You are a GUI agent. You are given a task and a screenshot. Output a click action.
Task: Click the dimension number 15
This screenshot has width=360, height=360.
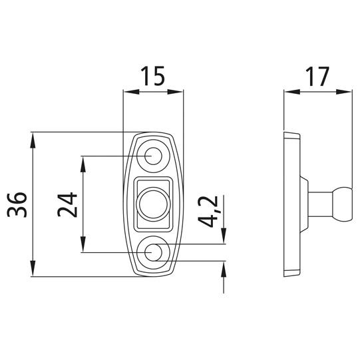[152, 76]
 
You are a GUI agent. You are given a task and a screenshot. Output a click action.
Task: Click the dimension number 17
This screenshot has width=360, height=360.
[317, 77]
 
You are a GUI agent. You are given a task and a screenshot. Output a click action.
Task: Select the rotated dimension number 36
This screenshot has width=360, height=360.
[17, 204]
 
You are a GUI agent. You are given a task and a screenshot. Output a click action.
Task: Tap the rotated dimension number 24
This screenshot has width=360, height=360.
[67, 204]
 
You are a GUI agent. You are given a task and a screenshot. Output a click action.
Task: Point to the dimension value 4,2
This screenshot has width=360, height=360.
[208, 212]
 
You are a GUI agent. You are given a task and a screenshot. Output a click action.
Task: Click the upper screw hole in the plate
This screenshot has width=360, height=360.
[153, 156]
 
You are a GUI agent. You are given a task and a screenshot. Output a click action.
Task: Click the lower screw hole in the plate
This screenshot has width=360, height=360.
[153, 252]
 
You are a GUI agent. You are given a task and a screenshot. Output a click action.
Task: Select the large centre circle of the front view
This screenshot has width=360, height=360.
[153, 204]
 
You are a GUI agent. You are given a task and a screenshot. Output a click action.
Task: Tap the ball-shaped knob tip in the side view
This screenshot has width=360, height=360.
[343, 204]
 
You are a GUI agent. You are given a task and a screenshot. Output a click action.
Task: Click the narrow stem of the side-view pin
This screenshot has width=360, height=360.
[321, 204]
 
